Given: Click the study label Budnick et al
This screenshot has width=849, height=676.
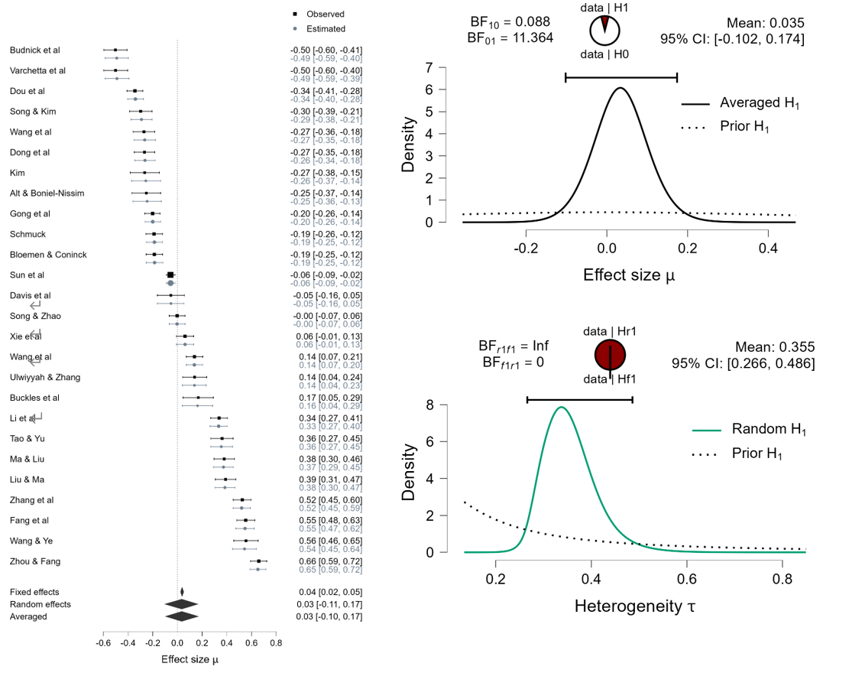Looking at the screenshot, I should point(35,50).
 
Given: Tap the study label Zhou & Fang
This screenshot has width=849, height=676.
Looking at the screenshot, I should point(34,561).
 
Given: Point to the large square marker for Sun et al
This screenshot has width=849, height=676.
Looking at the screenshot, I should point(170,275).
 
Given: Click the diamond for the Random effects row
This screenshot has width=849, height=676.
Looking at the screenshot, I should point(181,604).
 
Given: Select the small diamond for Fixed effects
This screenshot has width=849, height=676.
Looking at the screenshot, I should point(182,592).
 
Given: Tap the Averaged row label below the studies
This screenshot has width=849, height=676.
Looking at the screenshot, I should point(28,616).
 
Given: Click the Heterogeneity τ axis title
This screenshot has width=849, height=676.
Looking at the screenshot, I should point(635,608).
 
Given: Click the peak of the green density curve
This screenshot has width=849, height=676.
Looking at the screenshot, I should point(562,407).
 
